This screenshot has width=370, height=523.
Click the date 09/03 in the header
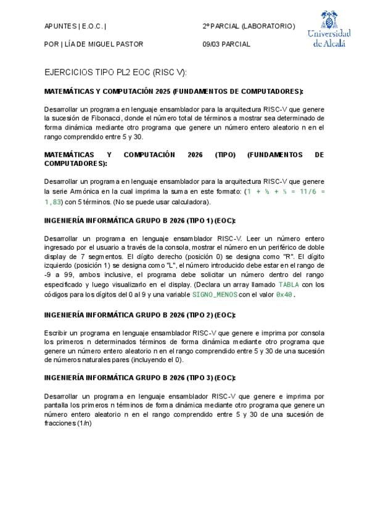point(212,44)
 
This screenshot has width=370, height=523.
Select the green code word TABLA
point(289,284)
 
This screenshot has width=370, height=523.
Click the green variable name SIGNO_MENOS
point(215,294)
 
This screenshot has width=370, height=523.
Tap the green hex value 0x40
point(284,294)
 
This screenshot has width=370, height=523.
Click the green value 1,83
point(53,202)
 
